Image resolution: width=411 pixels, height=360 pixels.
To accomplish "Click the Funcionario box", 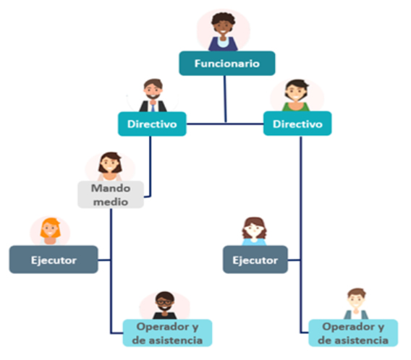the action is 227,64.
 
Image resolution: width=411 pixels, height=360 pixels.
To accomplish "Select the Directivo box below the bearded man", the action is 152,124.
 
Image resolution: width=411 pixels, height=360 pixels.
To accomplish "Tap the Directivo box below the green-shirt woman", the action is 297,124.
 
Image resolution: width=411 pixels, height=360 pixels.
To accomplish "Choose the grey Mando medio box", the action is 111,194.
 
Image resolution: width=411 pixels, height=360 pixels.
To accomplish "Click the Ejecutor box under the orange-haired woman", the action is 54,260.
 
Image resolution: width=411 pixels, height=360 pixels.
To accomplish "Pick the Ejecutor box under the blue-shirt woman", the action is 255,260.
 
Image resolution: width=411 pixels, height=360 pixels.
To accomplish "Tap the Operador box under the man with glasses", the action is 167,333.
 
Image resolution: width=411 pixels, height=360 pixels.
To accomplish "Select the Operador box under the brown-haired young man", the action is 353,333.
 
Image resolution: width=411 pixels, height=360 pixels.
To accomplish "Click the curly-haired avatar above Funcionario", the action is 223,31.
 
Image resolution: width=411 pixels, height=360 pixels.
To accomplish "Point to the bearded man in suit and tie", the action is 153,95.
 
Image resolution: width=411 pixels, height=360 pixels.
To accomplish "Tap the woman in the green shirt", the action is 296,95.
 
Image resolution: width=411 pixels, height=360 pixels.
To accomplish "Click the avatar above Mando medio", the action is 110,166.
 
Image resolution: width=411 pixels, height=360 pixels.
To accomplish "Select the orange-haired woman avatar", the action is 50,231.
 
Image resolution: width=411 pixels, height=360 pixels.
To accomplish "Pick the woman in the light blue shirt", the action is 254,231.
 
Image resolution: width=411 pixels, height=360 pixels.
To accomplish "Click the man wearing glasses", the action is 164,305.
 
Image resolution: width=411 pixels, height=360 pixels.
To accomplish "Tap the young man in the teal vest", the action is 356,304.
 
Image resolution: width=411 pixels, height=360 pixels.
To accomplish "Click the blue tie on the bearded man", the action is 153,107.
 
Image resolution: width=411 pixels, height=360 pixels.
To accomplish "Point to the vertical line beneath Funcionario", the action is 225,99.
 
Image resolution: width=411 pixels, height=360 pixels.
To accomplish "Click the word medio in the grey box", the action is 111,202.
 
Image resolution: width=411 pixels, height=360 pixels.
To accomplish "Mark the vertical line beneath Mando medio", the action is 111,270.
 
